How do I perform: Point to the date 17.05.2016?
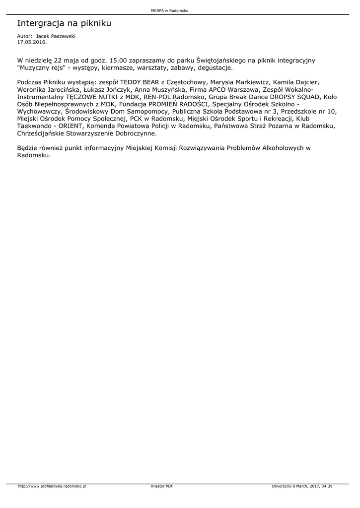pyautogui.click(x=32, y=42)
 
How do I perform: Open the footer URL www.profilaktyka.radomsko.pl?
pyautogui.click(x=52, y=486)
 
